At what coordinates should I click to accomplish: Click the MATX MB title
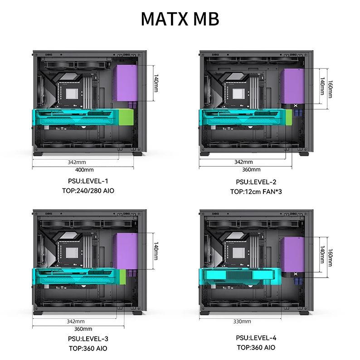(180, 19)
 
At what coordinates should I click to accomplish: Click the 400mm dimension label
(84, 170)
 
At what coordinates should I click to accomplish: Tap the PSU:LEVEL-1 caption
(88, 181)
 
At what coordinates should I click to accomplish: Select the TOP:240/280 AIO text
(88, 191)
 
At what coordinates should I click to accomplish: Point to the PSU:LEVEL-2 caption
(256, 182)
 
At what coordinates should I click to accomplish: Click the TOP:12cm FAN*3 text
(256, 192)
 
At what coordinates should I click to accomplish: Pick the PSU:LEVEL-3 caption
(88, 339)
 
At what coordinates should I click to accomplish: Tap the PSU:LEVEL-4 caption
(256, 338)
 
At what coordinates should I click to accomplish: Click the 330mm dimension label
(242, 322)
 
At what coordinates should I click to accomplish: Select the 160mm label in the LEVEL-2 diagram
(330, 89)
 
